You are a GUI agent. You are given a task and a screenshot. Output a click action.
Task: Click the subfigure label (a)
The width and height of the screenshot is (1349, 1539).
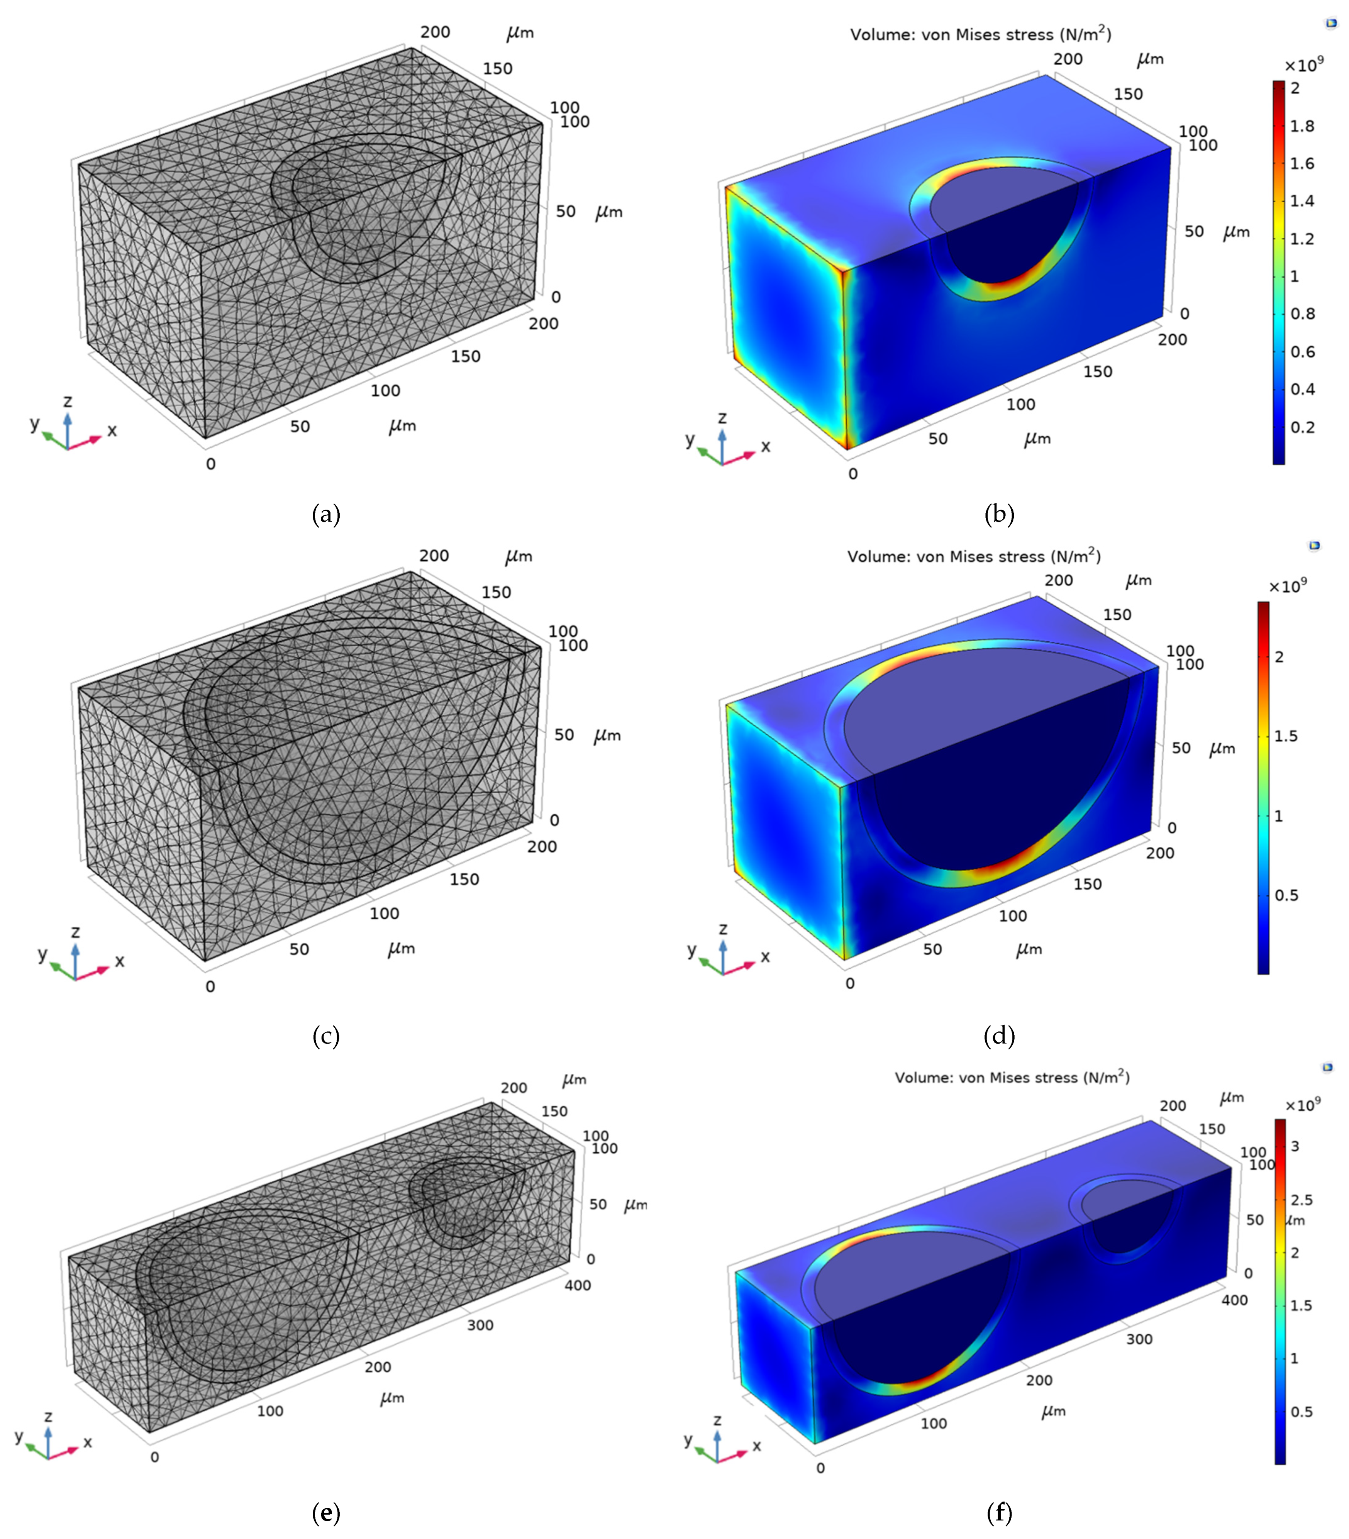[326, 515]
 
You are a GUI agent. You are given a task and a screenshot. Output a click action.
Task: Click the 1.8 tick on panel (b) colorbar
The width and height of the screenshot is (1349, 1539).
[1302, 126]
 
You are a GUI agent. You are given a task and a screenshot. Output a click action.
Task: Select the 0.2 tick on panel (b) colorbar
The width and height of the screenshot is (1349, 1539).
[1302, 427]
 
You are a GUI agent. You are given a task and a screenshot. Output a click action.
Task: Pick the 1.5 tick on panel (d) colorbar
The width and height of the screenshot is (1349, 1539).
[1286, 736]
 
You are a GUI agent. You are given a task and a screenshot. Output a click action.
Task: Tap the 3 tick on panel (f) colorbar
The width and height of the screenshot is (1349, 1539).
[1295, 1146]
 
